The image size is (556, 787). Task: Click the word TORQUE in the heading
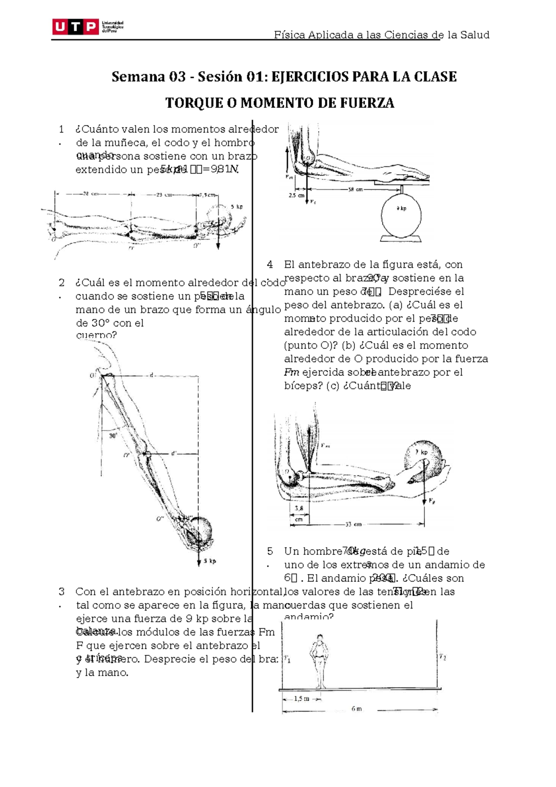(x=192, y=103)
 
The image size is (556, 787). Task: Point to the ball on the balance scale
(x=401, y=214)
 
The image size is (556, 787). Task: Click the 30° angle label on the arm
(x=113, y=436)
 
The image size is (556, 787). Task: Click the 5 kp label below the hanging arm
(x=210, y=561)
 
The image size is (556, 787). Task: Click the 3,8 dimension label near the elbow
(x=299, y=508)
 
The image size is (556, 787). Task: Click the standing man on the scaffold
(x=319, y=661)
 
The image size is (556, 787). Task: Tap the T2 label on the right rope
(x=442, y=657)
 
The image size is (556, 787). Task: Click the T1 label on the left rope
(x=287, y=658)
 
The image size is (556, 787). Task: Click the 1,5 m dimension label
(x=302, y=699)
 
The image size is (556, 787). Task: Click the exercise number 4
(x=270, y=265)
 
